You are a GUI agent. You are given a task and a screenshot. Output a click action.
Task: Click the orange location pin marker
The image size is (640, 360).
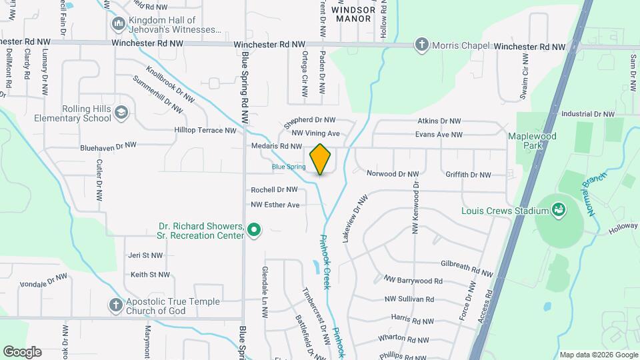[x=320, y=159]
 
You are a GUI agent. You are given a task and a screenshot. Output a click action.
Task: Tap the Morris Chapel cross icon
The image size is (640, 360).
[x=421, y=45]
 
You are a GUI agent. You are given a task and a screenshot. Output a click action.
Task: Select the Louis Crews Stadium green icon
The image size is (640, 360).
[x=559, y=211]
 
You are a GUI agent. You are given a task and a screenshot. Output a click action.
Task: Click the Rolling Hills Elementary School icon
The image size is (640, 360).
[x=121, y=112]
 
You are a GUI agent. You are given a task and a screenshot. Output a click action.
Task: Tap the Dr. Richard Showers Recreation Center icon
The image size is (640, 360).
[x=254, y=230]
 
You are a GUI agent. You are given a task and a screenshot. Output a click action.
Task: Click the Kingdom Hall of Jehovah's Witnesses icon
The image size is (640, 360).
[x=119, y=25]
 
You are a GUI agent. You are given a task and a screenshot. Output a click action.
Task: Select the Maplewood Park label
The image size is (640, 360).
[x=531, y=140]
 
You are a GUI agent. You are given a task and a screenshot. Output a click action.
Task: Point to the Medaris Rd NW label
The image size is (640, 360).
[x=277, y=145]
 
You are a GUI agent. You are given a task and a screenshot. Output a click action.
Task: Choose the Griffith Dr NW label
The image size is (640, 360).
[x=468, y=175]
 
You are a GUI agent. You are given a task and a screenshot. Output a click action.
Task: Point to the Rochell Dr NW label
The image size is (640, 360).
[x=274, y=190]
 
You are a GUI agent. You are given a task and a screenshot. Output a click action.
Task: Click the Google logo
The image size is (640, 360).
[x=22, y=352]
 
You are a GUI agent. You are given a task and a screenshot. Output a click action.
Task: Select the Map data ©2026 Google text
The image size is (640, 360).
[x=598, y=355]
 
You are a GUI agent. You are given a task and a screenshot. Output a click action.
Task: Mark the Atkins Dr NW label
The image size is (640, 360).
[x=439, y=121]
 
